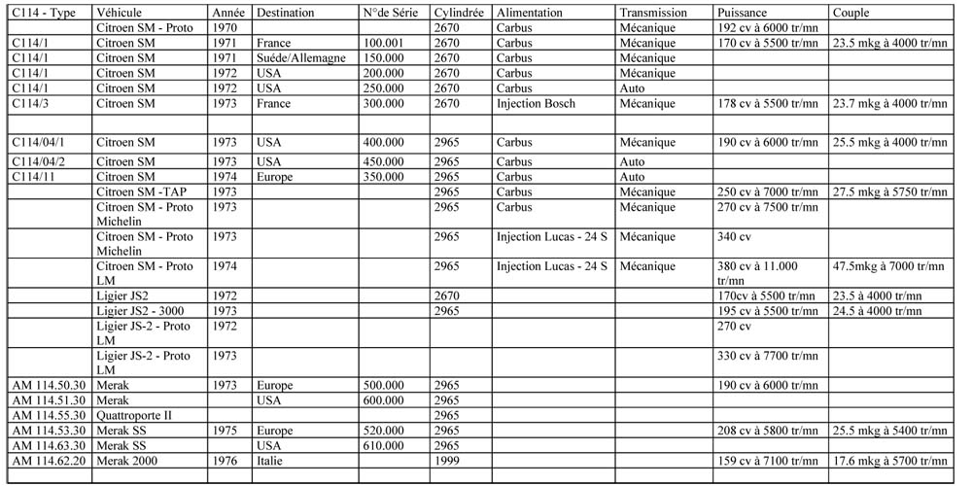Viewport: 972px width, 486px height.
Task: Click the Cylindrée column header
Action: tap(460, 14)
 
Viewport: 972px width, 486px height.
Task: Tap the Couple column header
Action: tap(850, 14)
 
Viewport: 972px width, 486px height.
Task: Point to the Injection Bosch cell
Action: tap(536, 103)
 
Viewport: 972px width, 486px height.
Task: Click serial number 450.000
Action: tap(383, 161)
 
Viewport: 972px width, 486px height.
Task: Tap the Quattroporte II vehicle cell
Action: tap(134, 416)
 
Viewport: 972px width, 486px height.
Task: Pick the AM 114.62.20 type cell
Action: tap(49, 461)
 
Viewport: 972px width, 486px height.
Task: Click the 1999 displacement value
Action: tap(448, 461)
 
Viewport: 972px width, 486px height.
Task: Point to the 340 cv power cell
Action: tap(733, 236)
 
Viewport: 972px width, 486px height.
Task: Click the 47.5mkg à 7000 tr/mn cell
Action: tap(887, 265)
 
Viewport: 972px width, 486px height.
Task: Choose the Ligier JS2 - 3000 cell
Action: tap(141, 311)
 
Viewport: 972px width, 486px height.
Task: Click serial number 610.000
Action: tap(383, 445)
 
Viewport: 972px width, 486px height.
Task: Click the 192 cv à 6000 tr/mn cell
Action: tap(766, 28)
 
